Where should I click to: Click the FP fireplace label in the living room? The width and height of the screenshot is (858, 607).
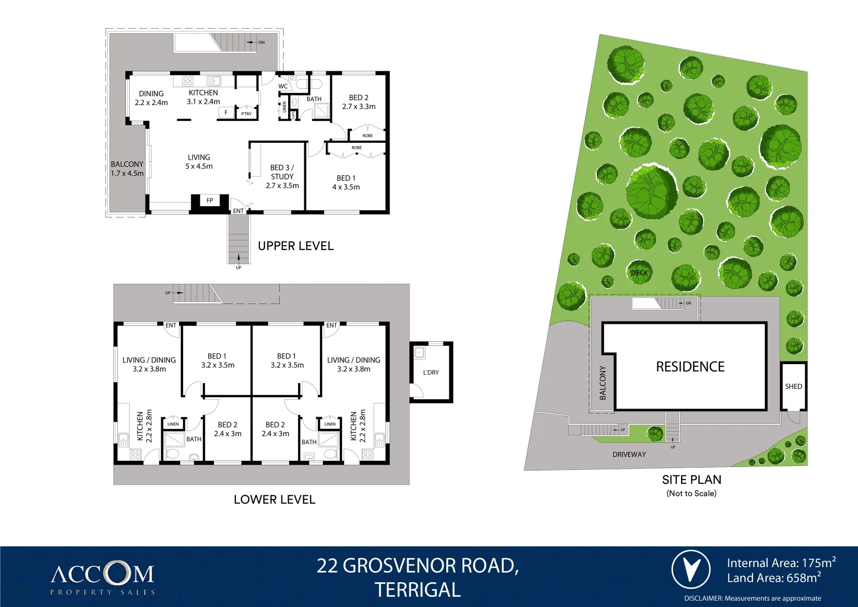pyautogui.click(x=209, y=201)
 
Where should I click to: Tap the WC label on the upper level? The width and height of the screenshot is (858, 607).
pyautogui.click(x=283, y=87)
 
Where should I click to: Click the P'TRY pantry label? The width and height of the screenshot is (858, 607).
pyautogui.click(x=247, y=114)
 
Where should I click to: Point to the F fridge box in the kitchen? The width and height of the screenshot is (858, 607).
pyautogui.click(x=226, y=113)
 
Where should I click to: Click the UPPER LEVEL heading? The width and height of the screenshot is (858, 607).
pyautogui.click(x=295, y=246)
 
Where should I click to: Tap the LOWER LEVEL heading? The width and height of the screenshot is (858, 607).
pyautogui.click(x=274, y=500)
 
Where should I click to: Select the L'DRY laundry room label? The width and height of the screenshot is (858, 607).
pyautogui.click(x=431, y=373)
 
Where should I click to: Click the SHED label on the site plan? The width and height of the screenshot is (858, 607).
pyautogui.click(x=793, y=387)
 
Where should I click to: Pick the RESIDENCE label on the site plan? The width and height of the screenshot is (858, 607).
pyautogui.click(x=690, y=367)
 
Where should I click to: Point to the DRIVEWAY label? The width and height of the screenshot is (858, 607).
pyautogui.click(x=629, y=455)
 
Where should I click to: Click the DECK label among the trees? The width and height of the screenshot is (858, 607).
pyautogui.click(x=639, y=273)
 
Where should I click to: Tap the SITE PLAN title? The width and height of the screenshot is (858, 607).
pyautogui.click(x=691, y=480)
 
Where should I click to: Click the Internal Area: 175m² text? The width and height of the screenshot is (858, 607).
pyautogui.click(x=781, y=563)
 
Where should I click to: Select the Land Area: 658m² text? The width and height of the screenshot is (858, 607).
pyautogui.click(x=773, y=578)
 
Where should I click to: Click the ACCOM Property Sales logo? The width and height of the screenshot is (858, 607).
pyautogui.click(x=102, y=577)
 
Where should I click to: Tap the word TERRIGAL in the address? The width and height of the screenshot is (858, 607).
pyautogui.click(x=417, y=590)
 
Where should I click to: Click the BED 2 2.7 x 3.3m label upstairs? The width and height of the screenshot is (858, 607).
pyautogui.click(x=359, y=102)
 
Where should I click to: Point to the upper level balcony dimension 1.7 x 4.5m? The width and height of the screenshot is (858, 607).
pyautogui.click(x=127, y=174)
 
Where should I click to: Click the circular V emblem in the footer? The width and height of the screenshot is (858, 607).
pyautogui.click(x=691, y=569)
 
